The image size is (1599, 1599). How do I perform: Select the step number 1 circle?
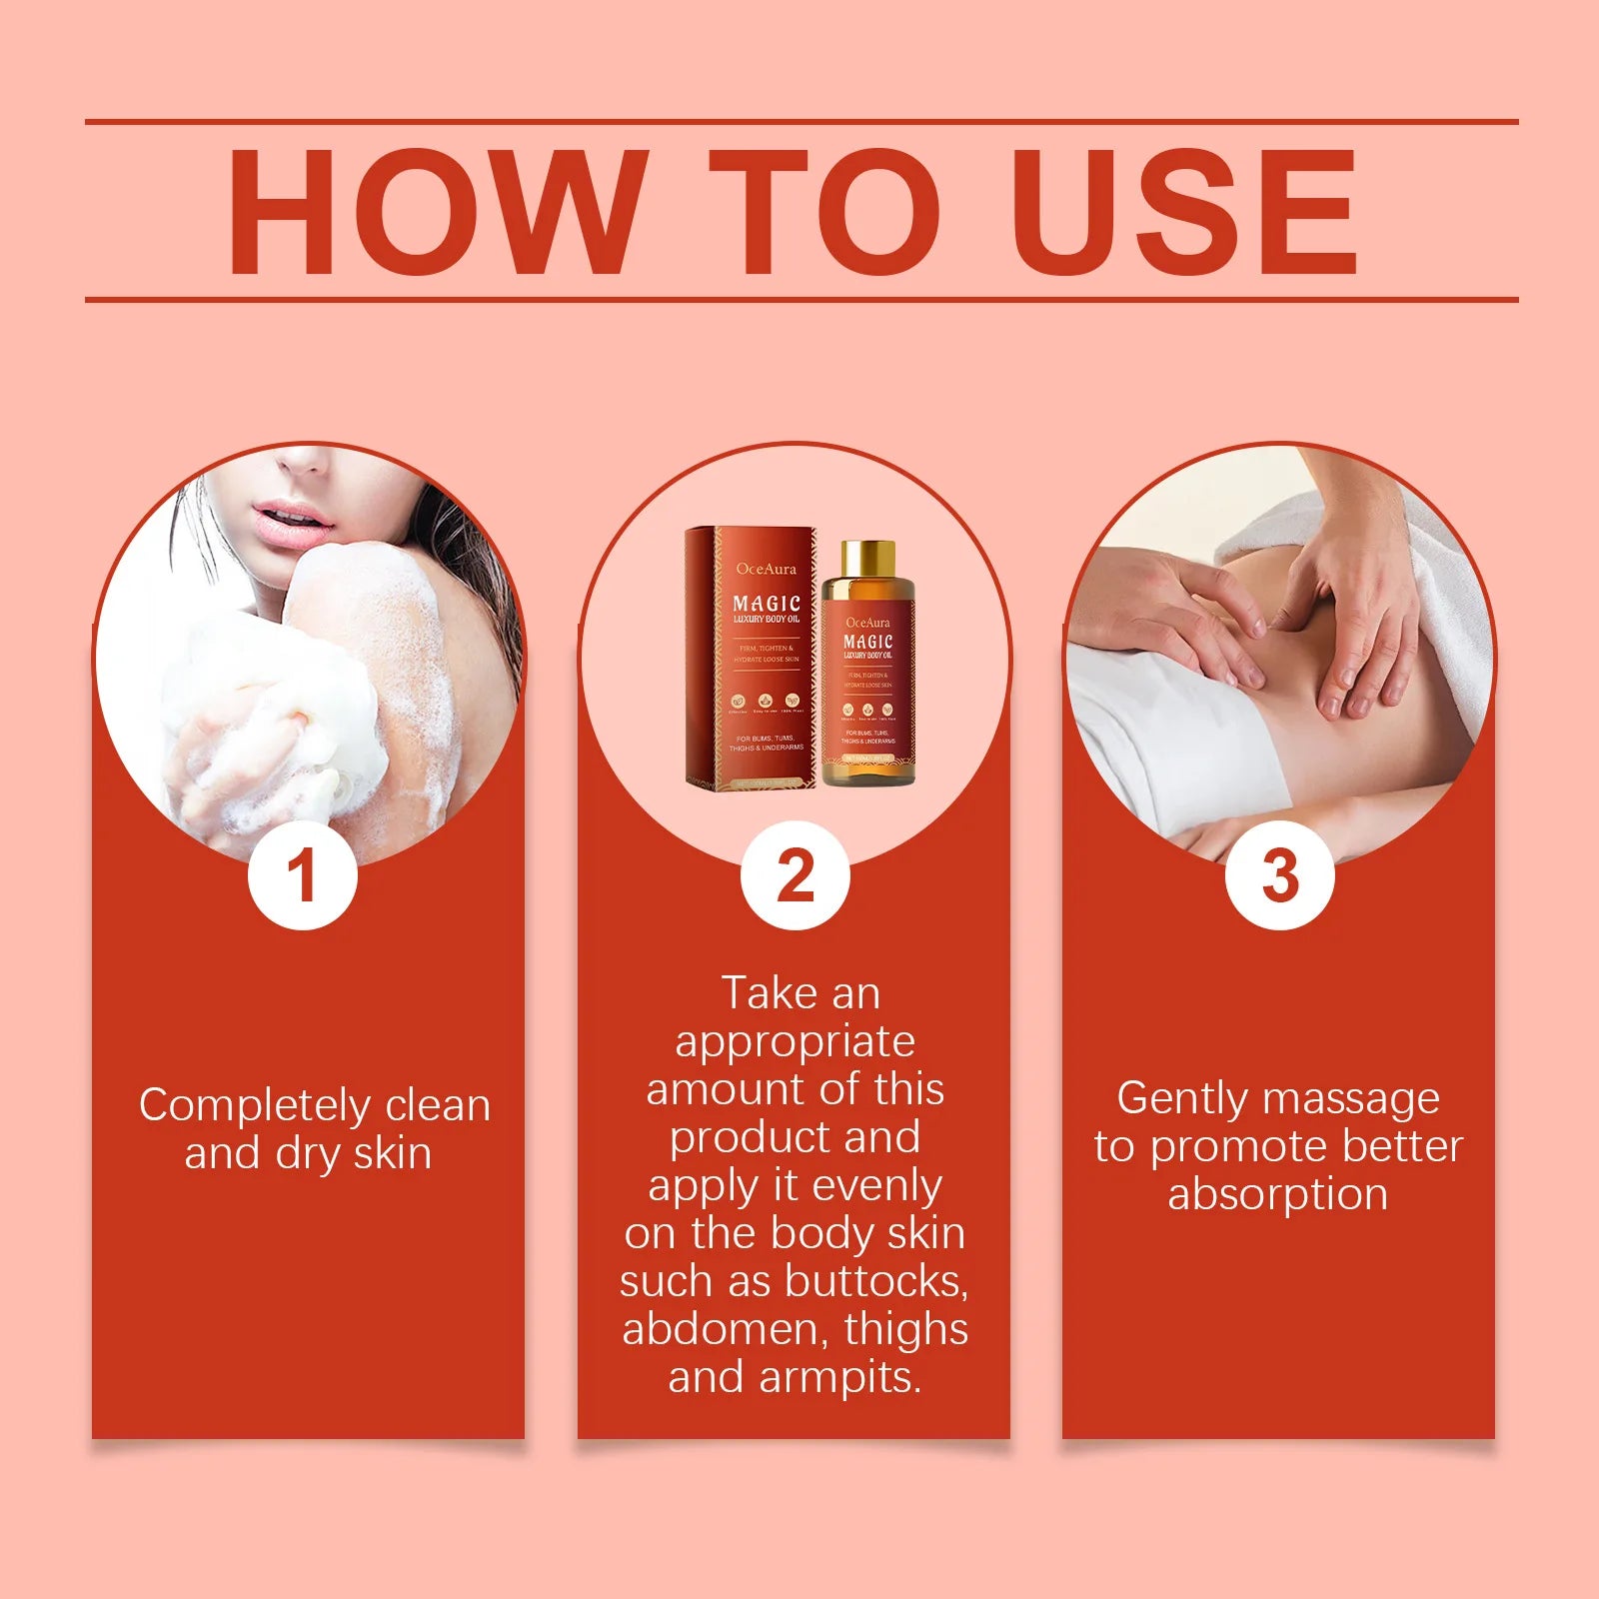coord(303,875)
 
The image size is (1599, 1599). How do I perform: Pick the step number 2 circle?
coord(795,875)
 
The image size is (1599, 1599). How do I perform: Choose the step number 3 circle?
coord(1279,875)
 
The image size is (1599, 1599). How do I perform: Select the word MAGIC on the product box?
coord(767,603)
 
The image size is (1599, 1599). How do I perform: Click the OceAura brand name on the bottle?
coord(867,623)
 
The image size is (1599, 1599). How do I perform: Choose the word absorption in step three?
coord(1277,1195)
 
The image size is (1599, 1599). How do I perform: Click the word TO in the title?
coord(824,211)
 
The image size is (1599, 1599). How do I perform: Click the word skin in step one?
coord(393,1154)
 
